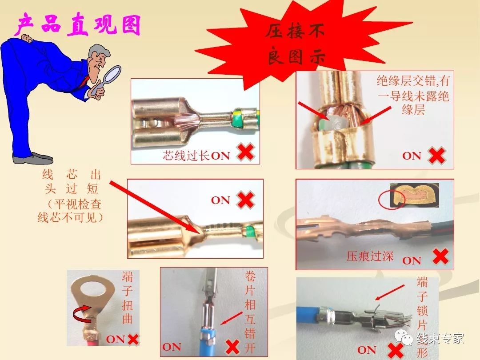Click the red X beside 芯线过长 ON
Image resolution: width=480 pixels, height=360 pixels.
245,152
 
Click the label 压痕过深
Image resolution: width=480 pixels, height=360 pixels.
370,256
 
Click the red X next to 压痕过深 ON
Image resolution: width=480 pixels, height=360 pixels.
440,256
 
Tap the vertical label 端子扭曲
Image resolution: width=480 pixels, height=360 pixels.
127,298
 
